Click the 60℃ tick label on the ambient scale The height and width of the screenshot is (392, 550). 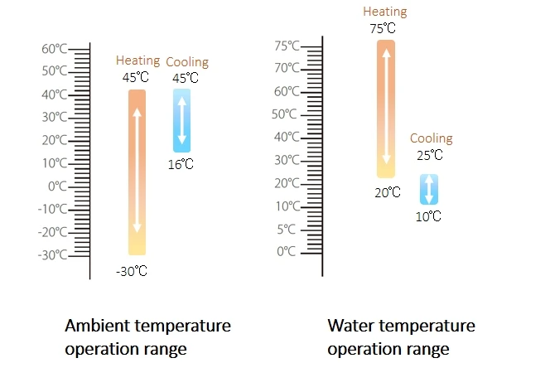[x=54, y=49]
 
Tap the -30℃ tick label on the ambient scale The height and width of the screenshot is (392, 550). [x=51, y=254]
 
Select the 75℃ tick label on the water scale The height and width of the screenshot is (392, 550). [x=287, y=46]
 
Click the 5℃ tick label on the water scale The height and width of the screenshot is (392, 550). [x=287, y=229]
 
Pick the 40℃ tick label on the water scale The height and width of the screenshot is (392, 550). [x=287, y=137]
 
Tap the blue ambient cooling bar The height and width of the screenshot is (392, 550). [x=181, y=120]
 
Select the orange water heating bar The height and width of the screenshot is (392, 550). [x=386, y=109]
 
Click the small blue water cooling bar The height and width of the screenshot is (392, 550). [x=428, y=189]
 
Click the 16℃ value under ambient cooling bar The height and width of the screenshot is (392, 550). [x=181, y=164]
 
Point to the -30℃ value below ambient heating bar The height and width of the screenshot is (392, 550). [x=133, y=271]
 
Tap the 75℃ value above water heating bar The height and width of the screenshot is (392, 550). [x=383, y=29]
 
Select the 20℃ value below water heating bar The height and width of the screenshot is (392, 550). [x=387, y=192]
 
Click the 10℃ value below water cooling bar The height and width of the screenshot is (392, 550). [x=428, y=216]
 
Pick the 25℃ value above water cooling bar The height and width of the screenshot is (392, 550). [x=430, y=155]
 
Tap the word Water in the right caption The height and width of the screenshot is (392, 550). [x=348, y=326]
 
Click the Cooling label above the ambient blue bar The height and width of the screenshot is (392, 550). [x=187, y=62]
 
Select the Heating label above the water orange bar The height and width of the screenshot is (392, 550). [x=385, y=12]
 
